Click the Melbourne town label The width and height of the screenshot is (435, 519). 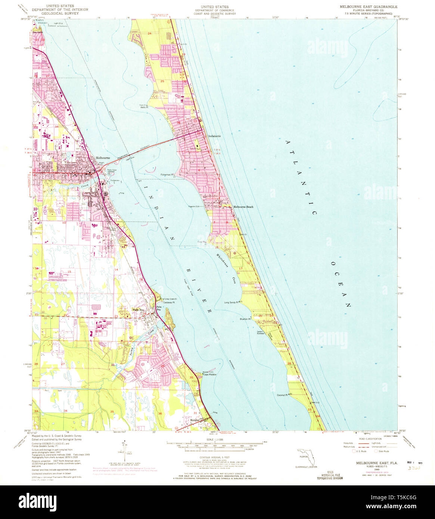pyautogui.click(x=103, y=158)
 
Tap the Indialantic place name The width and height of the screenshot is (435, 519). pyautogui.click(x=214, y=136)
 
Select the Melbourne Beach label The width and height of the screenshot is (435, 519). pyautogui.click(x=243, y=207)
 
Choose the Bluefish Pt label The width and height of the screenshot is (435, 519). pyautogui.click(x=245, y=319)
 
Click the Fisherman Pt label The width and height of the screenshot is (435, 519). pyautogui.click(x=167, y=174)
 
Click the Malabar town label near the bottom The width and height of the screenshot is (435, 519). pyautogui.click(x=196, y=420)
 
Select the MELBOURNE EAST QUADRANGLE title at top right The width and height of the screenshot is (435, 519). pyautogui.click(x=368, y=7)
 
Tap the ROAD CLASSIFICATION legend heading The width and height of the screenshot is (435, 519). pyautogui.click(x=370, y=439)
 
